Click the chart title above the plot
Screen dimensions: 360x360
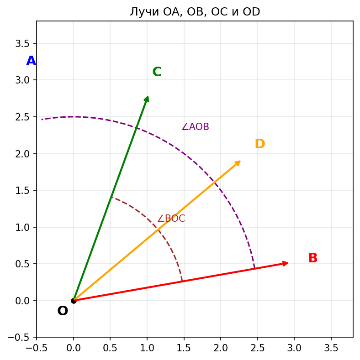(x=195, y=12)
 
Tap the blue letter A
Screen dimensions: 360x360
(x=31, y=61)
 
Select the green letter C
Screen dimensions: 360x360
(x=157, y=72)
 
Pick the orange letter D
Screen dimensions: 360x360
(x=259, y=144)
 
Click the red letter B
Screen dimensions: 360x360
(x=312, y=258)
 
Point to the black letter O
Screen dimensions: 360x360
(x=63, y=311)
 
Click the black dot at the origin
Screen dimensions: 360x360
(x=74, y=301)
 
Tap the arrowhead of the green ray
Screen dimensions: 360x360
(x=147, y=98)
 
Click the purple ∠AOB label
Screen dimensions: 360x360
(x=195, y=127)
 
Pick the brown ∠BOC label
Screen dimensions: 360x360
(x=171, y=219)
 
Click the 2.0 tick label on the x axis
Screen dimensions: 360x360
(x=221, y=349)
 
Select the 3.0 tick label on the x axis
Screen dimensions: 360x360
(x=294, y=349)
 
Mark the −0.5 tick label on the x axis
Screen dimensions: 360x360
(x=37, y=349)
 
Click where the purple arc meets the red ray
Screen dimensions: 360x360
(x=254, y=268)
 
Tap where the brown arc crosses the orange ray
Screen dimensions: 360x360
(x=158, y=230)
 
